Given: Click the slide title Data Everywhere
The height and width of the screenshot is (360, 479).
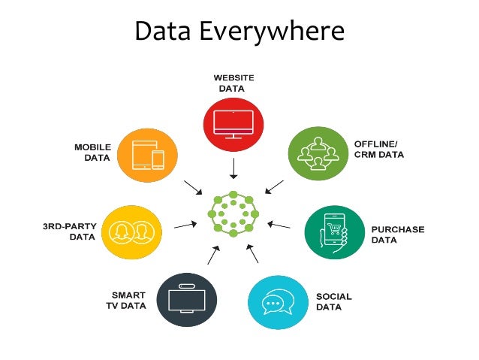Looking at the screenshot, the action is tap(239, 32).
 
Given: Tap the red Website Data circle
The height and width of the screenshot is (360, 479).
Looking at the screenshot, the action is tap(233, 122).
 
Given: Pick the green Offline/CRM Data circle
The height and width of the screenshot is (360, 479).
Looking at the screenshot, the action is tap(318, 153).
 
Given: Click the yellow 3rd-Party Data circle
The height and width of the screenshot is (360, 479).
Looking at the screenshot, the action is tap(131, 228).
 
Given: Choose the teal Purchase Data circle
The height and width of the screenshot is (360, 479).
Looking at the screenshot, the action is tap(334, 231).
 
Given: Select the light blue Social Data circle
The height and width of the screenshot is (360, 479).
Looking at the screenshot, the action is tap(278, 301).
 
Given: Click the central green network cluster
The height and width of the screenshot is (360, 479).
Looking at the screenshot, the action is tap(233, 215).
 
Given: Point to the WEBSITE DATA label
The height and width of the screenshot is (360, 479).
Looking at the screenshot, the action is tap(233, 83).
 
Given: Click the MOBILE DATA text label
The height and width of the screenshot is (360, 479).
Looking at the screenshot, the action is tap(93, 153).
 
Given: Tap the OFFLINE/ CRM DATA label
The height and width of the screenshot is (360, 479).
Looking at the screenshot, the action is tap(379, 149).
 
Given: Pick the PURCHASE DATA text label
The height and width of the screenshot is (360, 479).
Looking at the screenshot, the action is tap(398, 234).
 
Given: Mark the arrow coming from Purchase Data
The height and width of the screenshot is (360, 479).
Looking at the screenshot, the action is tap(279, 225).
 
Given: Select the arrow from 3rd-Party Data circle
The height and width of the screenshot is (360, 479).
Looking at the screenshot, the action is tap(185, 225).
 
